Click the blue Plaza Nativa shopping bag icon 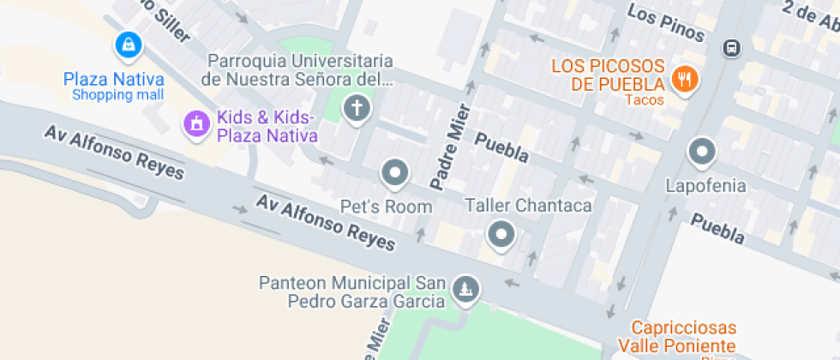point(128,43)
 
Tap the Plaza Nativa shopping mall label point(113,87)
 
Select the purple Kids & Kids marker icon point(196,123)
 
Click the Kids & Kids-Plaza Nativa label point(267,127)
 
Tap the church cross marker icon point(356,108)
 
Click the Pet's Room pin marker point(395,173)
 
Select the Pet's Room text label point(387,207)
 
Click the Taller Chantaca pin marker point(501,233)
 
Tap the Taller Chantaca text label point(528,206)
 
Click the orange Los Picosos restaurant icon point(685,80)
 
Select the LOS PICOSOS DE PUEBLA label point(609,75)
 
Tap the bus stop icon point(731,47)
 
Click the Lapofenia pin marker point(702,153)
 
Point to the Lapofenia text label point(706,185)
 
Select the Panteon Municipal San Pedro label point(354,291)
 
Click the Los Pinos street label point(666,23)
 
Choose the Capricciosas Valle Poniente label point(683,336)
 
